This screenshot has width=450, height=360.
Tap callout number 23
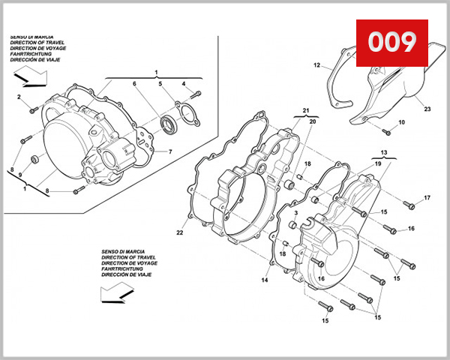coord(427,109)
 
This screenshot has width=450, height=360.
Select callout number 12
coord(316,64)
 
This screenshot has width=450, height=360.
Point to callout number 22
coord(179,232)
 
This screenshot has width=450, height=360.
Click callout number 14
coord(265,280)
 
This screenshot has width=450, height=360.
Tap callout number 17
coord(427,198)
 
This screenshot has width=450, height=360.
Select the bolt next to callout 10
coord(387,131)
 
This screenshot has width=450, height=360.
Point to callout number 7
coord(170,151)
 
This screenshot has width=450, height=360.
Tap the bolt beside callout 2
coord(33,109)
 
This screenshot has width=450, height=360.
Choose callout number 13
coord(383,152)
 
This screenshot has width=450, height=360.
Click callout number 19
coord(378,163)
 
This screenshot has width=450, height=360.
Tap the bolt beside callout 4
coord(197,94)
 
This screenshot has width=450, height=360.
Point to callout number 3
coord(296,214)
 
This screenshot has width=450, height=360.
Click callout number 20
coord(313,121)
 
